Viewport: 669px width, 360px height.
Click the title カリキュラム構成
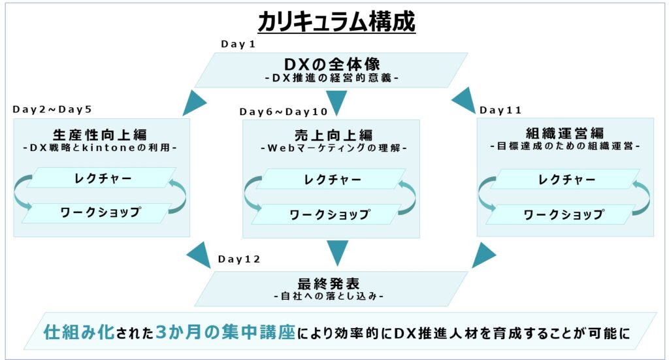336,22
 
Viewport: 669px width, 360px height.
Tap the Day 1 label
238,44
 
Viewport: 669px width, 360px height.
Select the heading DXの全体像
332,65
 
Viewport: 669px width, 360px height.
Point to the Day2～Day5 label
52,109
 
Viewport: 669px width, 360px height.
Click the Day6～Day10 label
284,112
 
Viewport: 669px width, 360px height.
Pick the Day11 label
500,110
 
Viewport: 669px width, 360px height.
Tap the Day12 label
239,259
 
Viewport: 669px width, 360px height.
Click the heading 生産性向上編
100,135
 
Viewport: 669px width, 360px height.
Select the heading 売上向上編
333,135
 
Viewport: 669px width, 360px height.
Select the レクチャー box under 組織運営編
565,179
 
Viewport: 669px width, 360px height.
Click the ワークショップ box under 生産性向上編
99,212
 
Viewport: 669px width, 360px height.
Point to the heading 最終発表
329,283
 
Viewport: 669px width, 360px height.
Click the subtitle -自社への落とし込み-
329,295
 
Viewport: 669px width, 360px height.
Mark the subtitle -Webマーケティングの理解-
333,148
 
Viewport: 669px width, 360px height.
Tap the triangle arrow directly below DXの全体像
336,103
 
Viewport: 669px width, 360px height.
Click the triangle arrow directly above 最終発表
337,252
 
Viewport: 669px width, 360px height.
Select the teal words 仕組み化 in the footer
79,332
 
